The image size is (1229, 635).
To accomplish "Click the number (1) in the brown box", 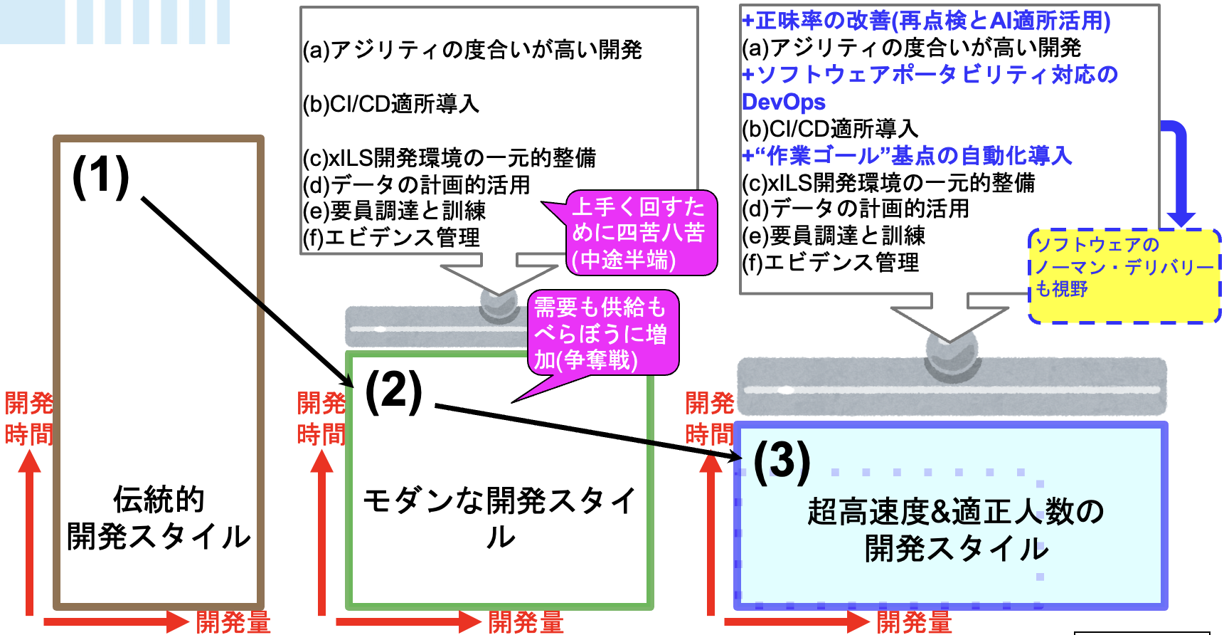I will point(101,176).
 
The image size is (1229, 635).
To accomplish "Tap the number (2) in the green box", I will point(393,391).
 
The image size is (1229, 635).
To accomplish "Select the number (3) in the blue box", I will point(782,461).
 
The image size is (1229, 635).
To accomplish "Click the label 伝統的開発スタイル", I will point(159,518).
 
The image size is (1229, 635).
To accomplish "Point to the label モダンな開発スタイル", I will point(500,518).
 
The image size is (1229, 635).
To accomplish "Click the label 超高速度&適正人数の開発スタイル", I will point(956,530).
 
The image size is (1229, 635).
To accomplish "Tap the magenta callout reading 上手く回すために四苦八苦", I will point(638,233).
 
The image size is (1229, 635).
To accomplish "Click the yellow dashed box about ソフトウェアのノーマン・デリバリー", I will point(1124,275).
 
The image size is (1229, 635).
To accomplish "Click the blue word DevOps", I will point(784,102).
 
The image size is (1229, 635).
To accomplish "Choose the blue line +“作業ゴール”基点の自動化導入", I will point(907,155).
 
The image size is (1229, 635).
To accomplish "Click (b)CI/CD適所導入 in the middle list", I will point(391,104).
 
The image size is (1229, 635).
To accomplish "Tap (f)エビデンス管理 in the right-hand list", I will point(830,263).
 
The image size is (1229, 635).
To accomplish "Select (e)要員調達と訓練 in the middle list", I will point(394,211).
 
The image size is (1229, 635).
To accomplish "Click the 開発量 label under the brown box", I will point(233,622).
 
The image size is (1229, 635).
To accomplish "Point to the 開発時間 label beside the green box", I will point(321,419).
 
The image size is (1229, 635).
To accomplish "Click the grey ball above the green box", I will point(499,302).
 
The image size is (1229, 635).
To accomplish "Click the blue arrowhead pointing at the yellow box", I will point(1181,217).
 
